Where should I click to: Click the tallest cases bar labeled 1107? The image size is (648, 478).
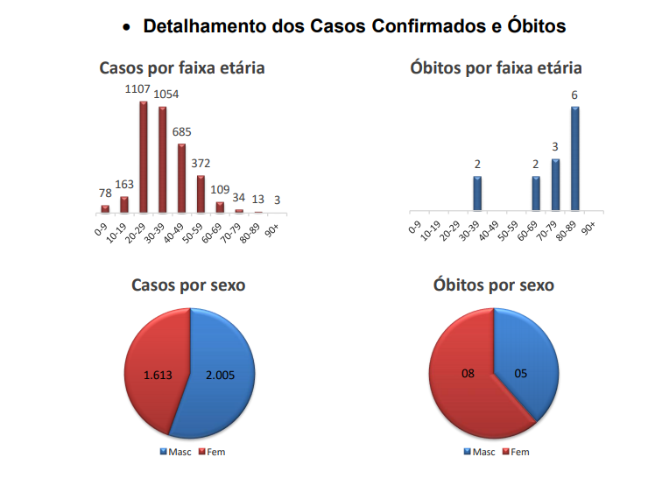144,157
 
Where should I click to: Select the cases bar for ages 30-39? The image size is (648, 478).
163,159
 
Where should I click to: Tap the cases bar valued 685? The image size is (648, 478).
182,178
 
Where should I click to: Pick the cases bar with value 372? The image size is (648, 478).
201,193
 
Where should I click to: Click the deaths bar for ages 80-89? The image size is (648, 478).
575,158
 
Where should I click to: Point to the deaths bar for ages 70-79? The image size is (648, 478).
555,185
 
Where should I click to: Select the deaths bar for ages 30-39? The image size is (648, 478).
477,193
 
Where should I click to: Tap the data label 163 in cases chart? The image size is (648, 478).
124,184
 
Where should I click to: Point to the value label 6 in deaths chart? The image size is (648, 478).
575,95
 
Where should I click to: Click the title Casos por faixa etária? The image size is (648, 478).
182,67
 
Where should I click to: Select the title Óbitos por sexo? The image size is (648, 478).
494,285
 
